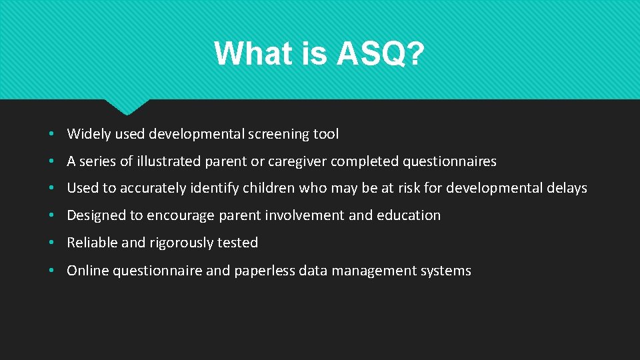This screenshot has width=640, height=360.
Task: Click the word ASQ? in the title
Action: (380, 54)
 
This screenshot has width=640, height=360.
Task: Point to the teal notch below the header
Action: (127, 106)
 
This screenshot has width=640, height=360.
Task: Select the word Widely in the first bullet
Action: (89, 134)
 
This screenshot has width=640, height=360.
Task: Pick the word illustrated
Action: (161, 161)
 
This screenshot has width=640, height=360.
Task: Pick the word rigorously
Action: (170, 243)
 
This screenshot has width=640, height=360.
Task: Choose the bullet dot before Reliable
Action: (51, 243)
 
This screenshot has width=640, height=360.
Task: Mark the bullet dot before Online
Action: (51, 271)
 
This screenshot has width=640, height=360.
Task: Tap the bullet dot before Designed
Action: (51, 216)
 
